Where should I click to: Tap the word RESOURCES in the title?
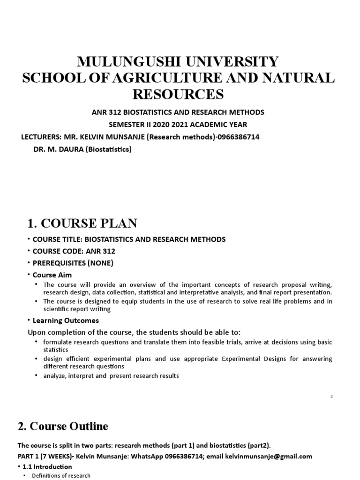pyautogui.click(x=178, y=94)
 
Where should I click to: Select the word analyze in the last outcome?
pyautogui.click(x=53, y=376)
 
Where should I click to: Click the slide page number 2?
pyautogui.click(x=331, y=397)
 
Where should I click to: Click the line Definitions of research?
pyautogui.click(x=61, y=476)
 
